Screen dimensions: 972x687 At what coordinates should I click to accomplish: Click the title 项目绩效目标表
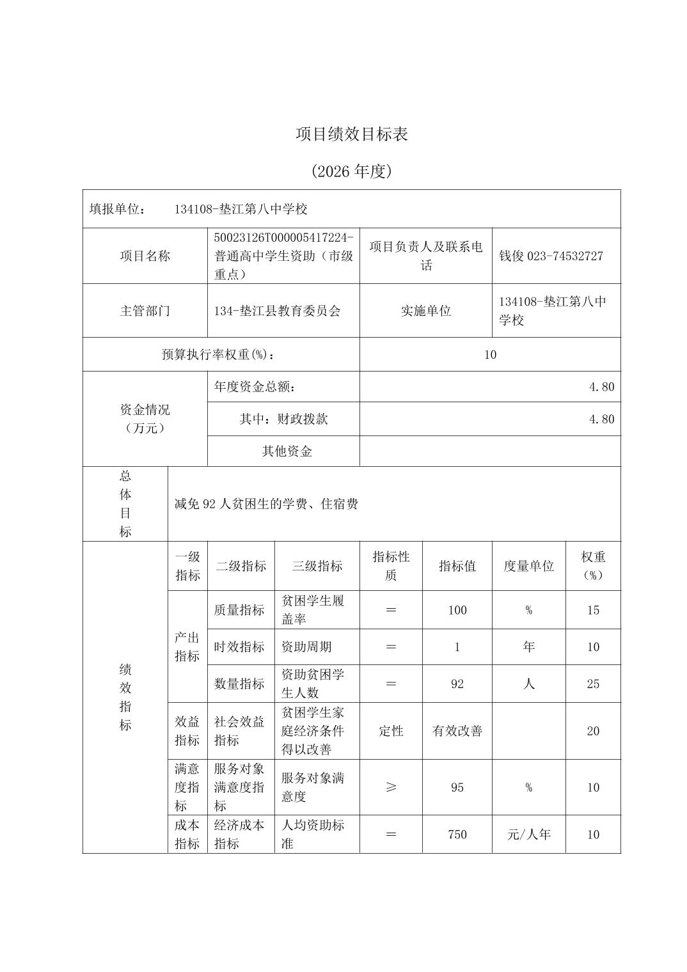[x=351, y=134]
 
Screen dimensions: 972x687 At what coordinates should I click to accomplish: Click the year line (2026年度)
[x=351, y=171]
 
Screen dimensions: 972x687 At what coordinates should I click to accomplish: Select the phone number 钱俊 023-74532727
[x=551, y=256]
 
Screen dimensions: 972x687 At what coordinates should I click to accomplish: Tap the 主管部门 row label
[x=145, y=311]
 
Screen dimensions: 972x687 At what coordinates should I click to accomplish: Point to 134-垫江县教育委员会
[x=278, y=311]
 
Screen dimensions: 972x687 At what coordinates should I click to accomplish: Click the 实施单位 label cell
[x=426, y=311]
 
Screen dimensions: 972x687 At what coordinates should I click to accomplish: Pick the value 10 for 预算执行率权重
[x=490, y=354]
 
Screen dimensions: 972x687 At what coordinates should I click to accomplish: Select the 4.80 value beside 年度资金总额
[x=601, y=387]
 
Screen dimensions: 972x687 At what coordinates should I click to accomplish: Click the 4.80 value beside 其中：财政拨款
[x=601, y=419]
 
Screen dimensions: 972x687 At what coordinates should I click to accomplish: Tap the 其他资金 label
[x=287, y=451]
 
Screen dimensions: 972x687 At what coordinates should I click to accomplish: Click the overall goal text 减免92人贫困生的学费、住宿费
[x=266, y=504]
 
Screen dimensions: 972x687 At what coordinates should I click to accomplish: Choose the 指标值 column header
[x=457, y=566]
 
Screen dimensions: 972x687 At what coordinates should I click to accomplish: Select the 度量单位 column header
[x=528, y=566]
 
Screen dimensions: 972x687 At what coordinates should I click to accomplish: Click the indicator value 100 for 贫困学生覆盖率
[x=457, y=610]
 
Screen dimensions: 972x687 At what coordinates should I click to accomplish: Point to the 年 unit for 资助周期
[x=528, y=647]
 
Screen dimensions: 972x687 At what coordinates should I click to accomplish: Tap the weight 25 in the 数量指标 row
[x=593, y=684]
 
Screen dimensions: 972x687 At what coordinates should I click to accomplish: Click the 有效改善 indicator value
[x=457, y=731]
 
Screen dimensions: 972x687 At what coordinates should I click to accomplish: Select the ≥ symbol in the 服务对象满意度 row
[x=391, y=787]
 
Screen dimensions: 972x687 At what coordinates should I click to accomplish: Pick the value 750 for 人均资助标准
[x=457, y=835]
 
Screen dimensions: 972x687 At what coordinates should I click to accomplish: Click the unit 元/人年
[x=528, y=835]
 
